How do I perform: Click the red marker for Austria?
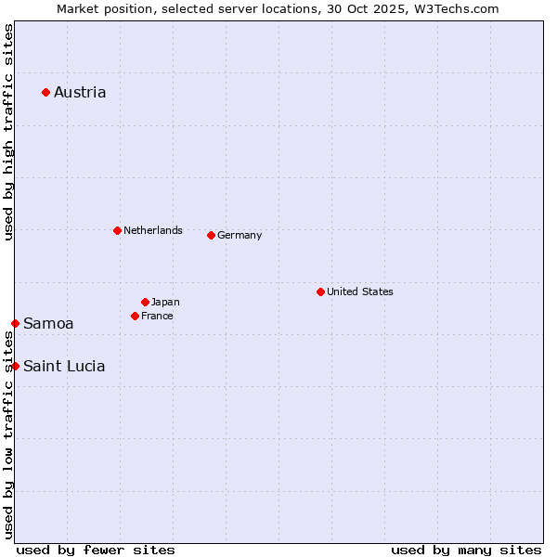click(x=45, y=92)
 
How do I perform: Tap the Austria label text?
click(x=80, y=92)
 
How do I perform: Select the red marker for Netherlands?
click(x=117, y=230)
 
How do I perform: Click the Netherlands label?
click(x=152, y=230)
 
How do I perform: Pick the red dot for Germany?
click(x=211, y=235)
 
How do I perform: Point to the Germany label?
click(x=240, y=235)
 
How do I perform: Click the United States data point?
click(x=320, y=291)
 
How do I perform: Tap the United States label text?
click(x=359, y=291)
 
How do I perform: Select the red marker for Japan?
click(x=145, y=302)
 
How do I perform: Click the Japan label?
click(x=165, y=302)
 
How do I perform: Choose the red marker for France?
click(x=135, y=316)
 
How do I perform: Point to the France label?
click(x=157, y=316)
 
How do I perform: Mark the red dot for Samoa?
click(x=15, y=323)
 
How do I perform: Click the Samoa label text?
click(x=48, y=323)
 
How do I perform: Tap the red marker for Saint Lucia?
click(x=15, y=366)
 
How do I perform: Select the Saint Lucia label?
click(x=64, y=366)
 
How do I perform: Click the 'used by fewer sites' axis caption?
click(x=96, y=550)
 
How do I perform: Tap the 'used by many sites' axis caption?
click(x=466, y=550)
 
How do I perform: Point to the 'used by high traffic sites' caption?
click(x=8, y=132)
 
